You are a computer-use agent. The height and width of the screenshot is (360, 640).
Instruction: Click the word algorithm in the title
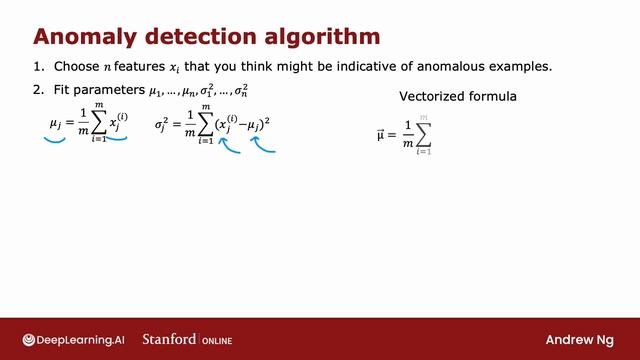318,37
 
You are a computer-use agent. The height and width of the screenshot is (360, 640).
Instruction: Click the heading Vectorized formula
457,98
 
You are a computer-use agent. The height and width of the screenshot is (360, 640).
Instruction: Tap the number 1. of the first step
39,67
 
